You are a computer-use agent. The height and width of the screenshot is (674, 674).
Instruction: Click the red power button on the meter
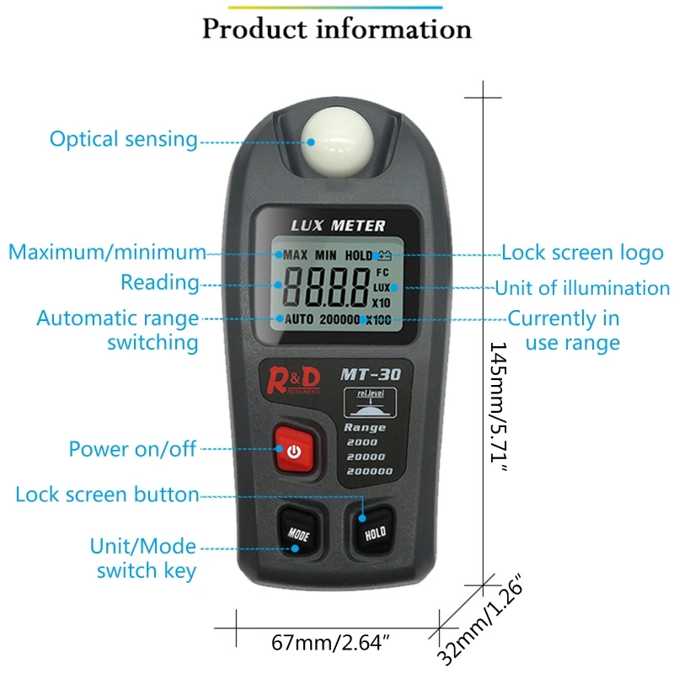293,452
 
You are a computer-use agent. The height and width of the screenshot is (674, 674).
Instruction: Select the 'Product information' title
337,29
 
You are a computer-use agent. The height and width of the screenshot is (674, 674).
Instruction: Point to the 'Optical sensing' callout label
123,139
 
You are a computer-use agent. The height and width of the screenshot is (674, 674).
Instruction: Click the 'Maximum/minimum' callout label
107,252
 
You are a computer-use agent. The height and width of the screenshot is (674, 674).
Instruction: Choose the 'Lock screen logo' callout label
582,252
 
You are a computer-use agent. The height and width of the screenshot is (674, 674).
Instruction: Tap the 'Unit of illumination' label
582,288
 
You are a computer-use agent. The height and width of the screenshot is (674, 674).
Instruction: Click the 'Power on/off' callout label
132,449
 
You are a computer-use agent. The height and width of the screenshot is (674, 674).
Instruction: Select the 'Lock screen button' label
107,495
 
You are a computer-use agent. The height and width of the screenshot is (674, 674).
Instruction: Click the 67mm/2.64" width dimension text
330,645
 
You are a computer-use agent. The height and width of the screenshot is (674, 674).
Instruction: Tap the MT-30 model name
366,373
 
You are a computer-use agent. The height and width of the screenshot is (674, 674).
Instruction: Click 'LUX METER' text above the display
338,226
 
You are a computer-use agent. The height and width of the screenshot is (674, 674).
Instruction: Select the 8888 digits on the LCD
325,286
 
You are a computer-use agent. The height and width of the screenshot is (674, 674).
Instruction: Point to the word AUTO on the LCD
298,320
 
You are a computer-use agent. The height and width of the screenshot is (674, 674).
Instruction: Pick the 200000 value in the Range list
369,471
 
